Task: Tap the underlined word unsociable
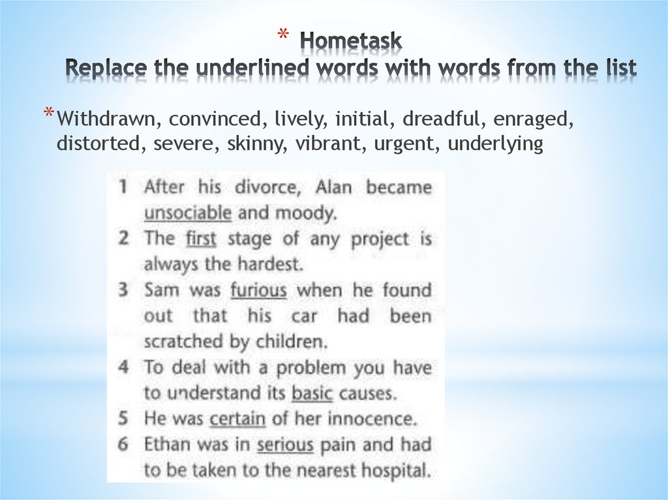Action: pyautogui.click(x=187, y=213)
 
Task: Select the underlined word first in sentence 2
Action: pyautogui.click(x=200, y=239)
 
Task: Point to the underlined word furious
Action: pyautogui.click(x=258, y=290)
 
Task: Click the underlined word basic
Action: pyautogui.click(x=312, y=394)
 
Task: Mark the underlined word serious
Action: pyautogui.click(x=285, y=445)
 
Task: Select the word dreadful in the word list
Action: pyautogui.click(x=441, y=120)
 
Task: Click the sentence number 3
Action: pyautogui.click(x=123, y=290)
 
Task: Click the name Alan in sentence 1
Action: pyautogui.click(x=333, y=187)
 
